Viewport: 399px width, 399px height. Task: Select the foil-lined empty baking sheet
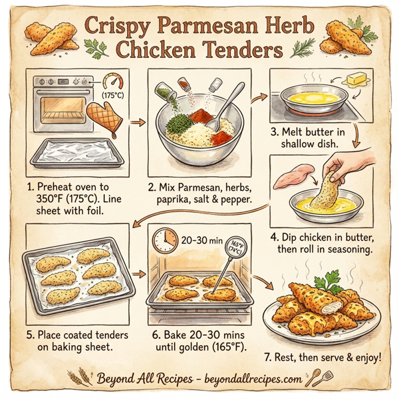point(78,155)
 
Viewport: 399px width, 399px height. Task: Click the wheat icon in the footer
point(85,377)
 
